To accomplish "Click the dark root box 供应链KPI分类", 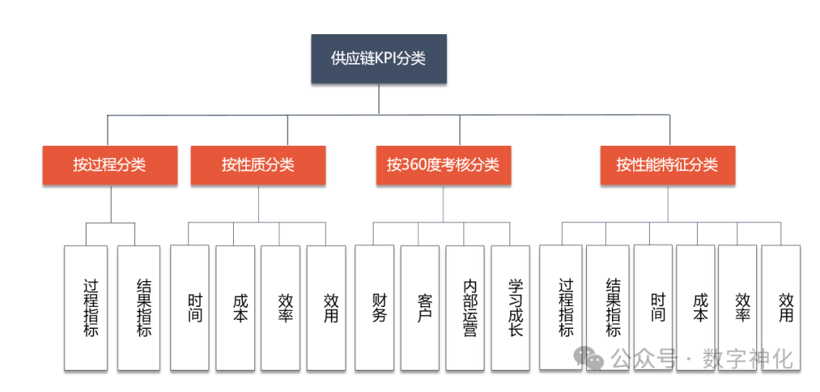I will [x=379, y=58].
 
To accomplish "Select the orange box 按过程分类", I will [x=109, y=165].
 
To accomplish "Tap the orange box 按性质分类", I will [x=258, y=165].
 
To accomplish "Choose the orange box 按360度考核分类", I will [x=443, y=165].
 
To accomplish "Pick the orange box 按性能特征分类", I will [x=667, y=165].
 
